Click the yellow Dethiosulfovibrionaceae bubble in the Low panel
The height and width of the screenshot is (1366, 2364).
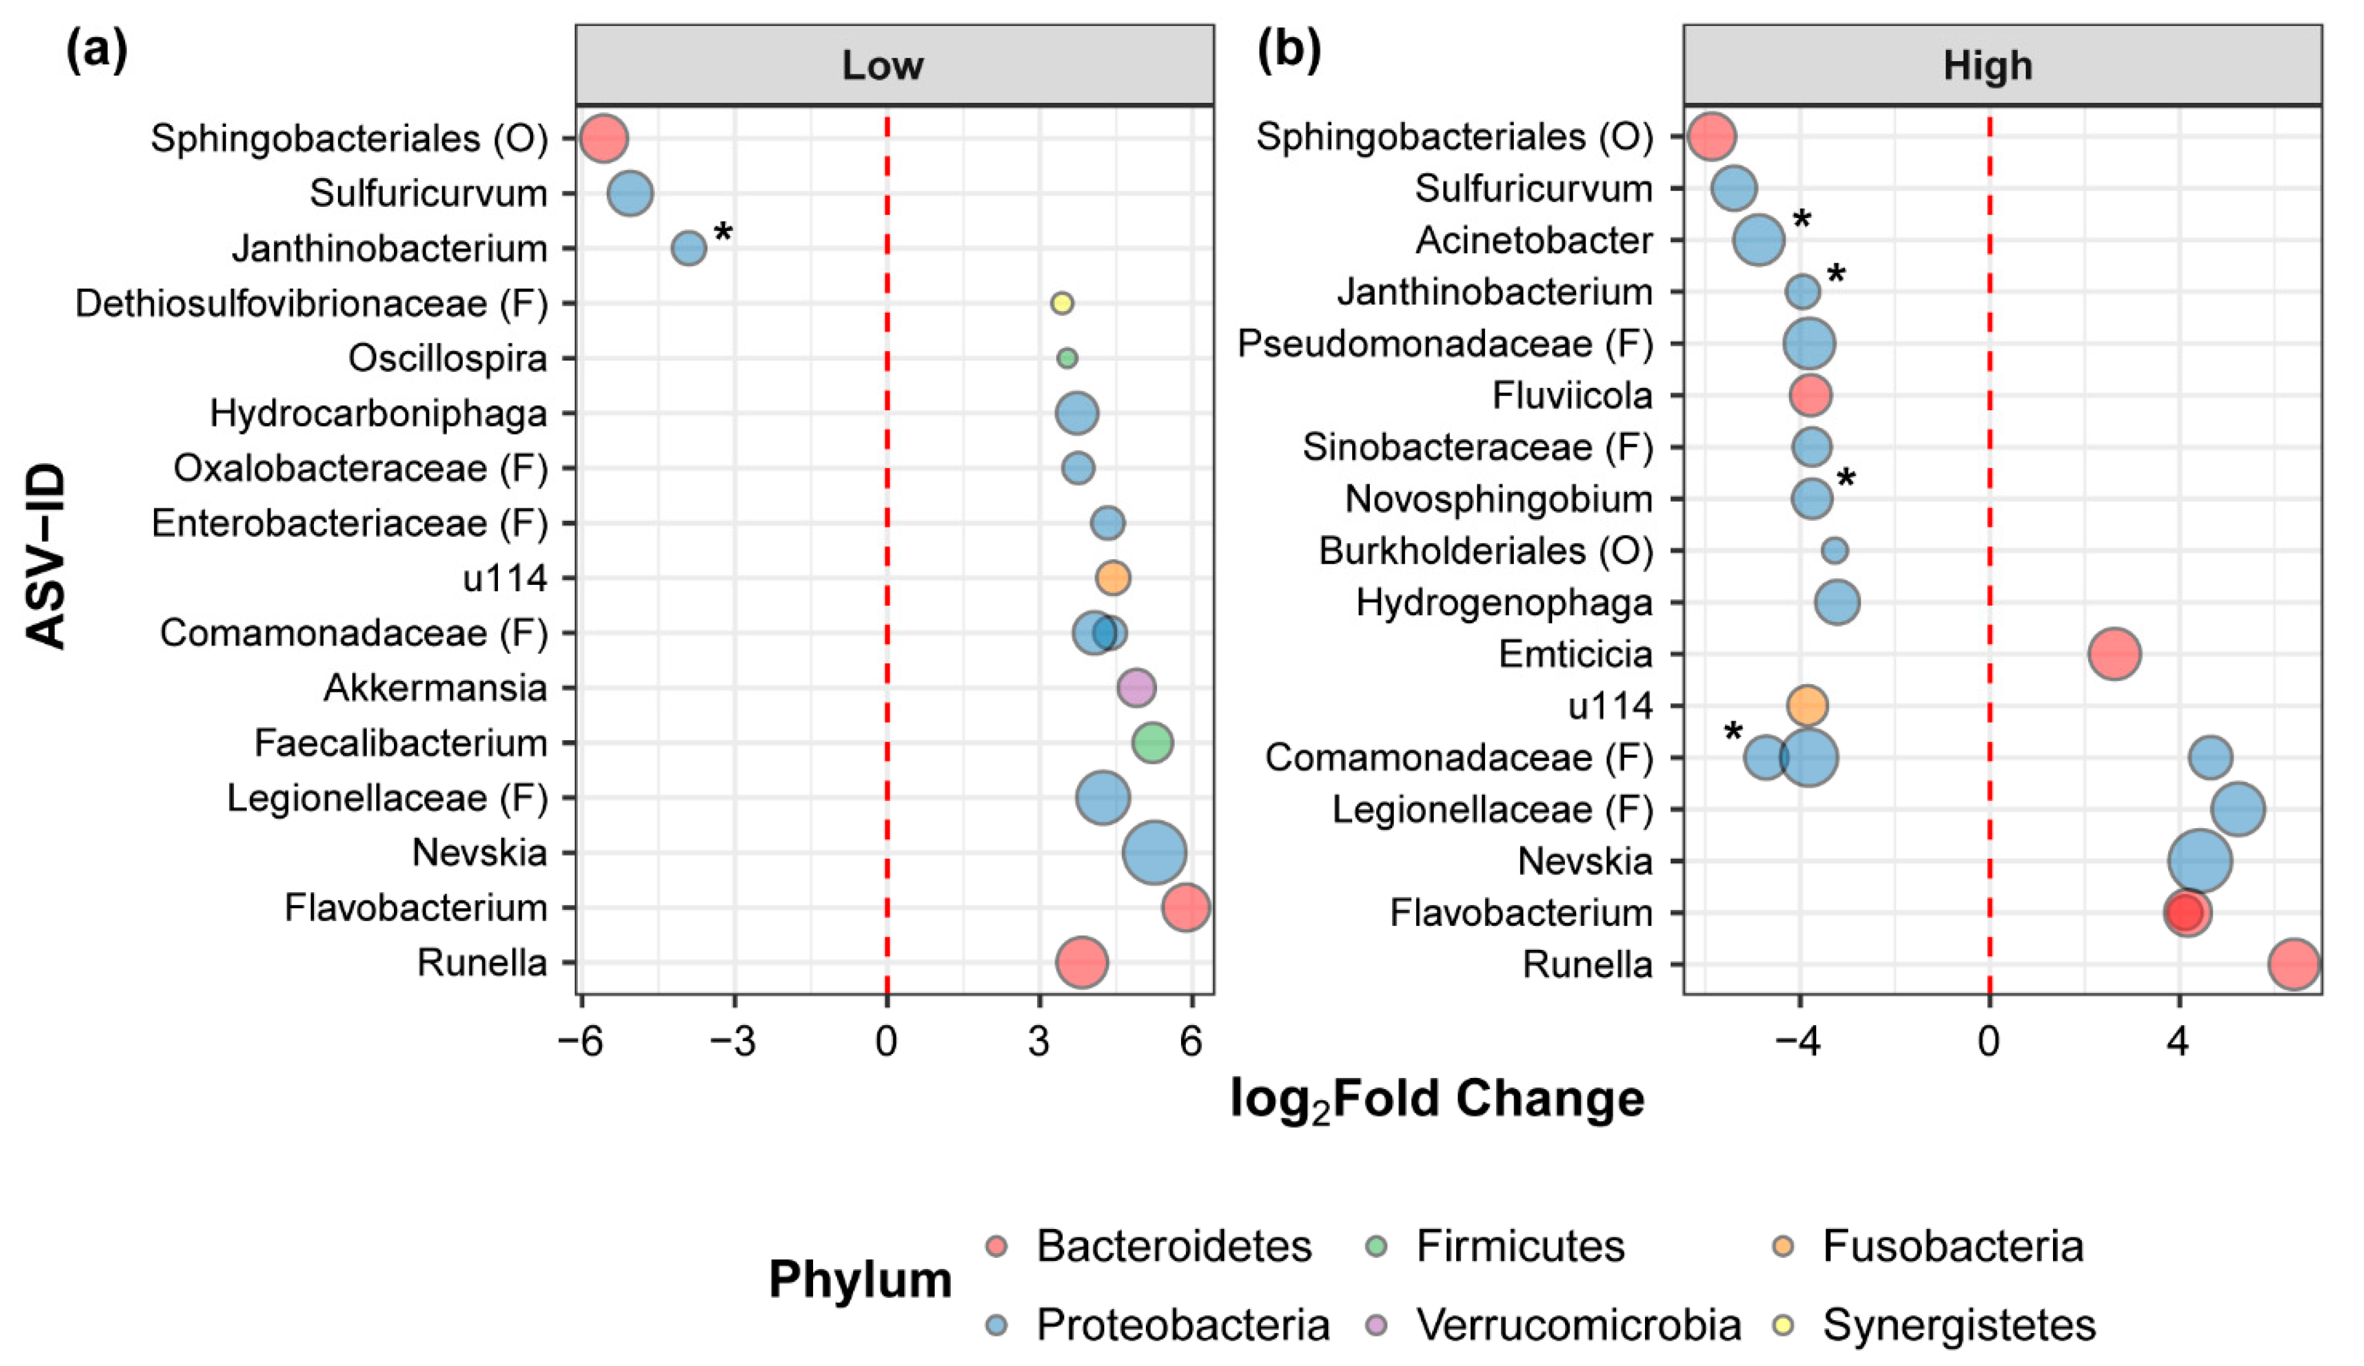coord(1061,303)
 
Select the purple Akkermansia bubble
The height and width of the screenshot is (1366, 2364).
coord(1136,688)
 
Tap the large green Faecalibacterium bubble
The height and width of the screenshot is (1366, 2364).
coord(1152,743)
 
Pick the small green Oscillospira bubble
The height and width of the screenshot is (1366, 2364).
coord(1066,357)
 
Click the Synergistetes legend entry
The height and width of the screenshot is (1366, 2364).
coord(1959,1325)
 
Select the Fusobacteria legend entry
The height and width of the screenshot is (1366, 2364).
coord(1951,1247)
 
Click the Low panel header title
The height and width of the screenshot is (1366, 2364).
coord(882,66)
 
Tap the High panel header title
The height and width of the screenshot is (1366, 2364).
coord(1988,66)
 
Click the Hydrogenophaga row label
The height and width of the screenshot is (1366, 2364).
coord(1504,603)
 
